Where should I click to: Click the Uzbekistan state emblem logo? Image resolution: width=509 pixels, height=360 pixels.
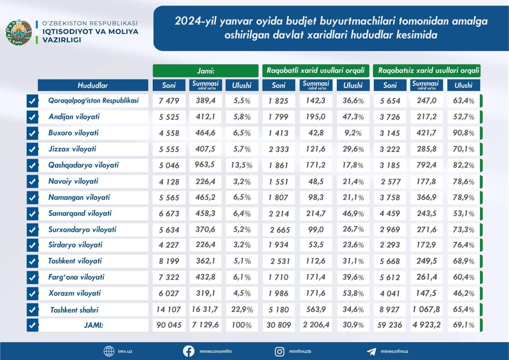pos(18,32)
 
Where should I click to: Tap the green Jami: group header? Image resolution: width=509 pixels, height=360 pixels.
pos(206,71)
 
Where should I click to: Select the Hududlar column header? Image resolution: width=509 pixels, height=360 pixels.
pos(93,85)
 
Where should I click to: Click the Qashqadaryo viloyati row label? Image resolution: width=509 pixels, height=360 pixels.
pos(84,165)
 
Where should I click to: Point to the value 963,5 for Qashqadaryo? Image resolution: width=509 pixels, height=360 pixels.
pos(206,165)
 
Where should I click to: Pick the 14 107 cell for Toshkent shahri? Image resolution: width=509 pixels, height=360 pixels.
pos(169,309)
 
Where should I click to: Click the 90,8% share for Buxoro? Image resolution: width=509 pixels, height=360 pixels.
pos(464,133)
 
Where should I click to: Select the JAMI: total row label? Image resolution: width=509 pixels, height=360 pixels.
pos(93,325)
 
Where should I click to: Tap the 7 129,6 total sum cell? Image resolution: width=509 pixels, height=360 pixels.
pos(206,325)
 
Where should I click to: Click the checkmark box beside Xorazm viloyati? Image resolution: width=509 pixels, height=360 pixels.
pos(32,294)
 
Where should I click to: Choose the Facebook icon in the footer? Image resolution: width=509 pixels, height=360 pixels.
pos(188,351)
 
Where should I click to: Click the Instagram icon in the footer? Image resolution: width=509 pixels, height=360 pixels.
pos(280,351)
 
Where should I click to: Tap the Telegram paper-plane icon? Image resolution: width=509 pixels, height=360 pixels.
pos(371,351)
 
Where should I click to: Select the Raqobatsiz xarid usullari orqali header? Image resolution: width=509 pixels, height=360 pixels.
pos(427,71)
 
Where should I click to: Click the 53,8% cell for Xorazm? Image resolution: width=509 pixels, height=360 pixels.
pos(353,294)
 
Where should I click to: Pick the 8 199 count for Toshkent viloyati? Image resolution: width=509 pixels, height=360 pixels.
pos(169,261)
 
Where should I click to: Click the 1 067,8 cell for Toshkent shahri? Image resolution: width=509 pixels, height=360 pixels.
pos(427,309)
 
